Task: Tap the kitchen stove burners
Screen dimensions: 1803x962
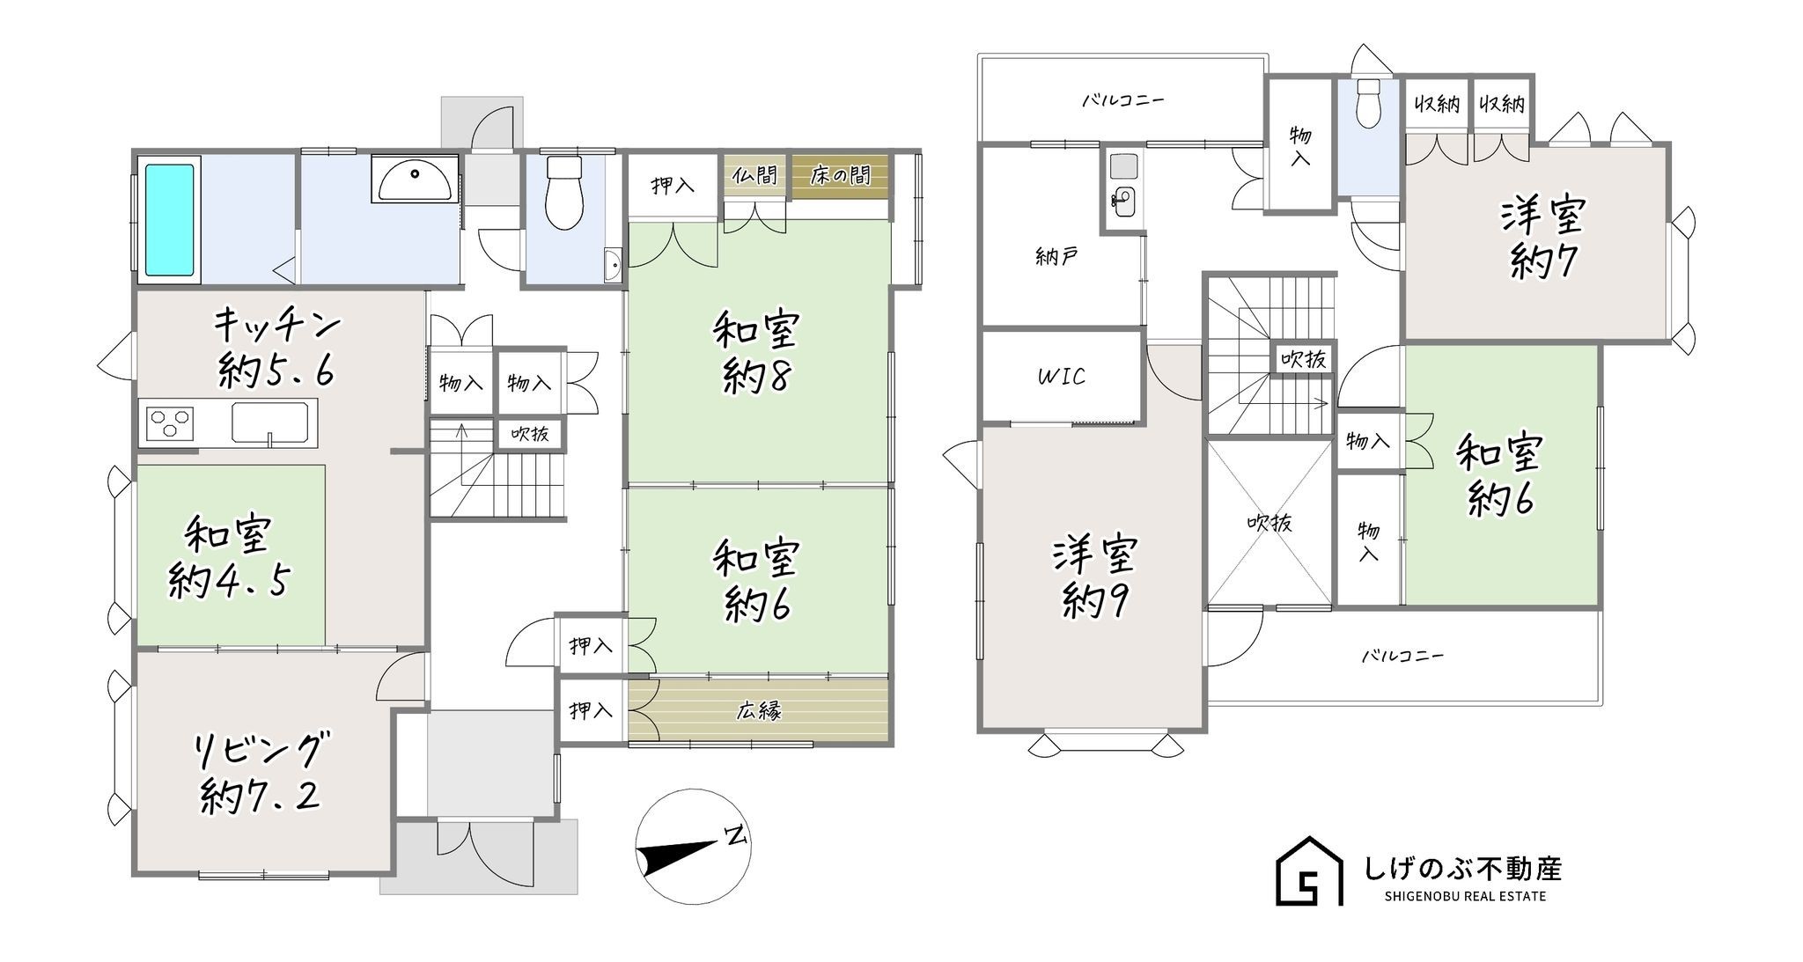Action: [170, 422]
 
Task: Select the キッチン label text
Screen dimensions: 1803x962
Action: [276, 325]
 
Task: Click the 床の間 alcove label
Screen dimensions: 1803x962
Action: [840, 175]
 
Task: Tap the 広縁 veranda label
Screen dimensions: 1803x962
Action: [759, 710]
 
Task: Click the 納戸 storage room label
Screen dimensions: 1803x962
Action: [1056, 258]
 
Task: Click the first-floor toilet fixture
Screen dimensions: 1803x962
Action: [563, 193]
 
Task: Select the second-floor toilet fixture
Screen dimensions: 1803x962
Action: [1368, 104]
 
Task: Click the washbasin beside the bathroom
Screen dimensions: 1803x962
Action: [413, 179]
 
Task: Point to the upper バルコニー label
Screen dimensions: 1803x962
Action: [1122, 100]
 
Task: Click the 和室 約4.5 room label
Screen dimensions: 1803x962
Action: [228, 558]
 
